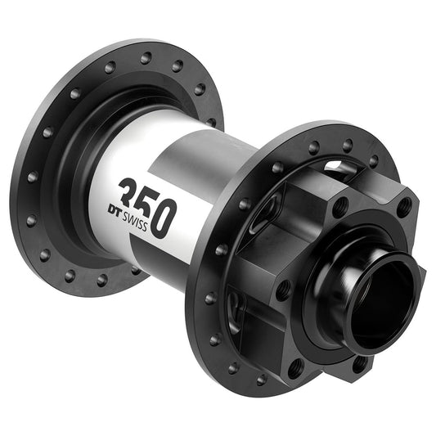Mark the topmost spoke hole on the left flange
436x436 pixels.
point(145,58)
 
